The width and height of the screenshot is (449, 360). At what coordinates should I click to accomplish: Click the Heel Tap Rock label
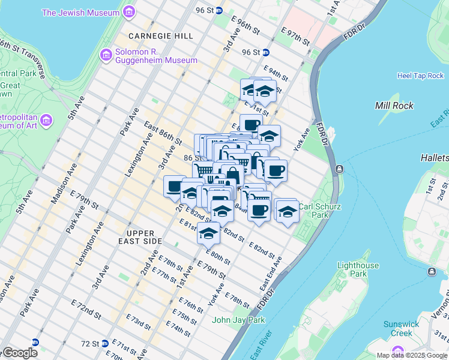click(x=420, y=76)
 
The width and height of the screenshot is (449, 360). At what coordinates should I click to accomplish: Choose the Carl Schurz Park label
click(x=322, y=210)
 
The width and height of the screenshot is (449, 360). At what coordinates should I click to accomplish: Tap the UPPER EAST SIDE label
click(x=145, y=236)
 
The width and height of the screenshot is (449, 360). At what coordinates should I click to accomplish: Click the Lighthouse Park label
click(x=358, y=269)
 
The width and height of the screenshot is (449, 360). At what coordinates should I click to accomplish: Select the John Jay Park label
click(x=238, y=320)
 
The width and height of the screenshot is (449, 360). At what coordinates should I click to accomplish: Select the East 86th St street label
click(x=163, y=133)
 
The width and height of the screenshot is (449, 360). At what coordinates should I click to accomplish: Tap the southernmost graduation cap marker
click(x=208, y=233)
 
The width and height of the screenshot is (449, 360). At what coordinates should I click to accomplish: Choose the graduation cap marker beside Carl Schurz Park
click(x=287, y=211)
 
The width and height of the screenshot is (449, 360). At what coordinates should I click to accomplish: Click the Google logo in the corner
click(x=19, y=353)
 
